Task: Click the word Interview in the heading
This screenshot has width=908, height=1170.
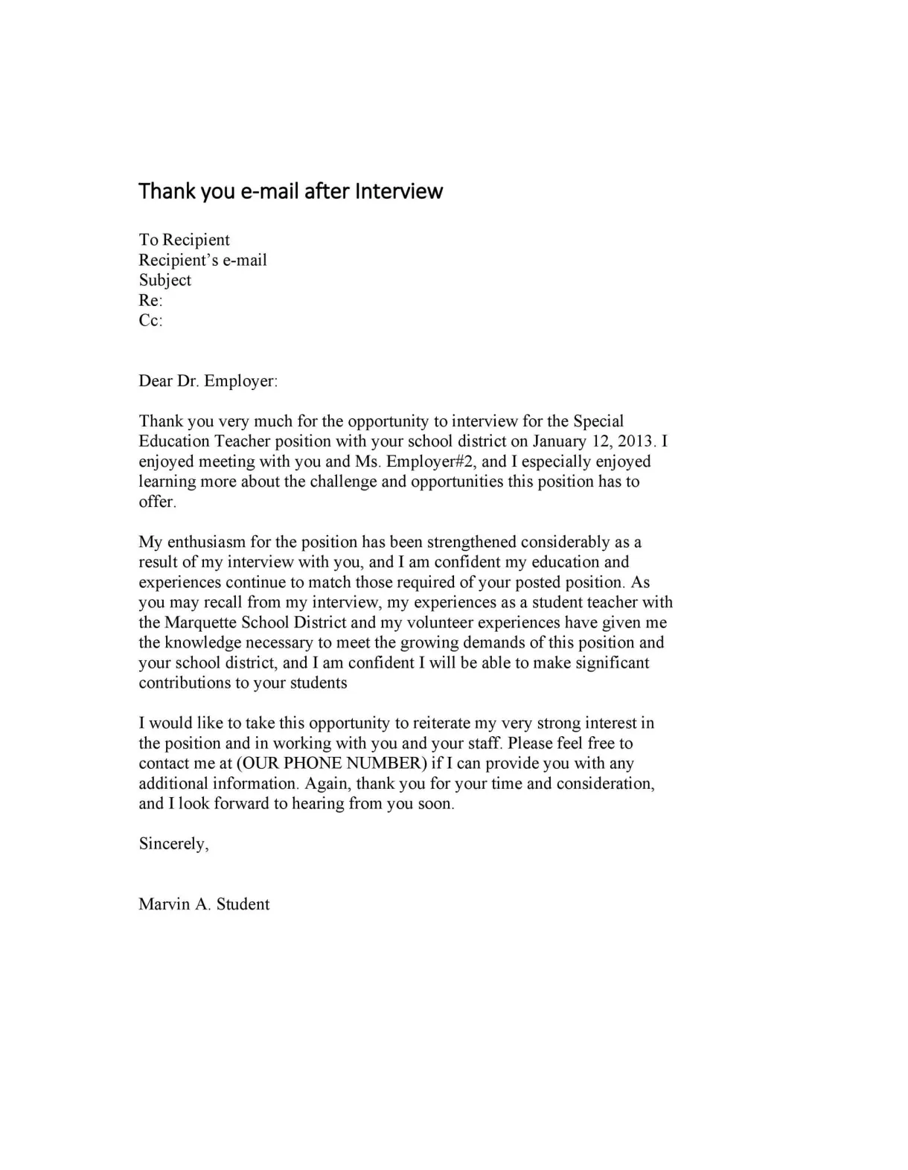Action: tap(399, 191)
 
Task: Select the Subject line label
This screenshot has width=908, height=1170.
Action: tap(164, 281)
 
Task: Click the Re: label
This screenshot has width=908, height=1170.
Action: tap(150, 301)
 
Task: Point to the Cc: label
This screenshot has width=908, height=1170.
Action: tap(150, 321)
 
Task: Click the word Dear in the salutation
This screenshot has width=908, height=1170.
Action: tap(155, 381)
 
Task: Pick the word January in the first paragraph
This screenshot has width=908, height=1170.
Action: tap(560, 441)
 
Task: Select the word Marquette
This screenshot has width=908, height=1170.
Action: tap(201, 622)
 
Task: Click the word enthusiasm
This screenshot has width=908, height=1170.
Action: tap(211, 542)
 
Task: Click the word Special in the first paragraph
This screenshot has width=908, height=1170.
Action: tap(598, 421)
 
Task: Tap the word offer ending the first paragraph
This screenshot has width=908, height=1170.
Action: tap(157, 502)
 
